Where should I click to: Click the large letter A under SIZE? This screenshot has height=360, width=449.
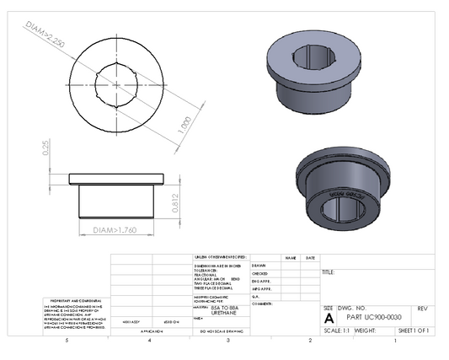click(329, 320)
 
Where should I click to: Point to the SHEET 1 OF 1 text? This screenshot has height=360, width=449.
click(414, 331)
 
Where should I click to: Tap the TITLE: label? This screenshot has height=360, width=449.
click(329, 272)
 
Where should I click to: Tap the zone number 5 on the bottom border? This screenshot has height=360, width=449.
click(67, 341)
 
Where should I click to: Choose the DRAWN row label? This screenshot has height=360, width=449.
click(260, 265)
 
